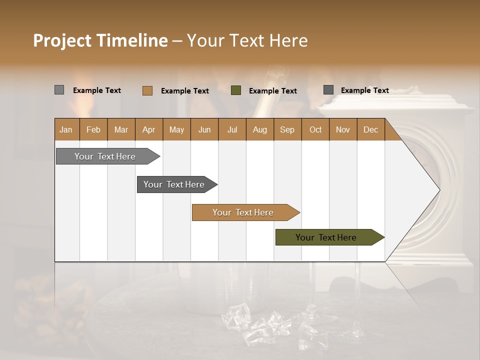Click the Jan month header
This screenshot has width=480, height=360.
(66, 129)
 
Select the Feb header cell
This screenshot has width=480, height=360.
(93, 129)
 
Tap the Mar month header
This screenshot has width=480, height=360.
(121, 129)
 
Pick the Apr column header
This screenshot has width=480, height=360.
(148, 129)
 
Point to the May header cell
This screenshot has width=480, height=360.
(176, 129)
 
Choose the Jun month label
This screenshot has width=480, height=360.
(204, 129)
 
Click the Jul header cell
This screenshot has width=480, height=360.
(232, 129)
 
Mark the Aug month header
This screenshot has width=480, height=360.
(259, 129)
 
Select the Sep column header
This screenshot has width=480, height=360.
(287, 129)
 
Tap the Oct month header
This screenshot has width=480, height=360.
(315, 129)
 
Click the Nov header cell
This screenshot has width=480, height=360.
(343, 129)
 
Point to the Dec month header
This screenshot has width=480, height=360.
(370, 129)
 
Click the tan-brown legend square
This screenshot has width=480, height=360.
(147, 90)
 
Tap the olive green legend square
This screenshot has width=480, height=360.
(236, 90)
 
